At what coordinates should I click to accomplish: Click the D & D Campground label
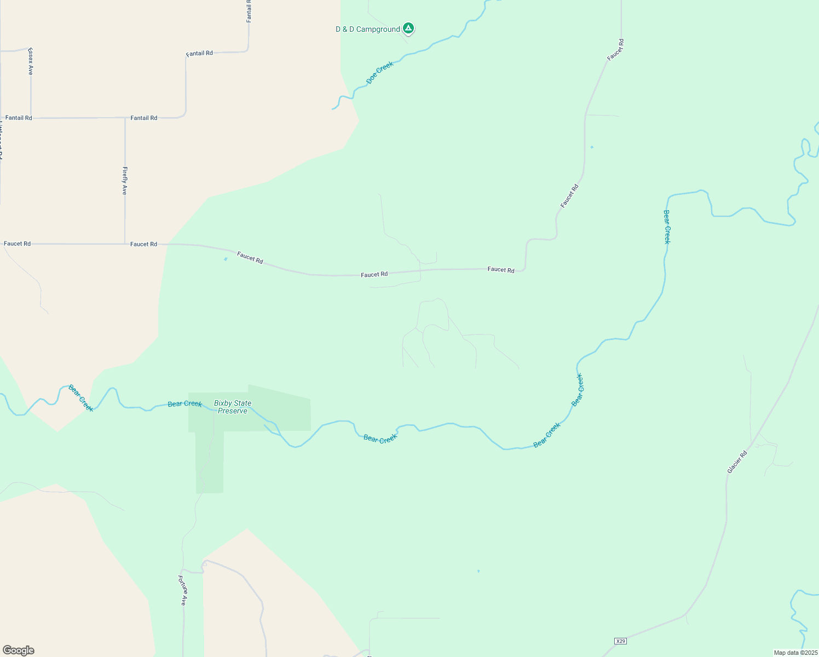point(367,30)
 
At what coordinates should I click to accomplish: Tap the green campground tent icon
point(408,28)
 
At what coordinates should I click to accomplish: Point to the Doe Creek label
point(380,72)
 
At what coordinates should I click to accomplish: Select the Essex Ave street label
point(31,61)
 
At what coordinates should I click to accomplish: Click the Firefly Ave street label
point(125,181)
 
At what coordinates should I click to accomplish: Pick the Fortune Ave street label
point(183,590)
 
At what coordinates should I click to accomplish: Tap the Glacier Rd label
point(737,462)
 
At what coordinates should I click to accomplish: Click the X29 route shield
point(620,641)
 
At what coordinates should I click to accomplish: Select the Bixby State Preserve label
point(233,407)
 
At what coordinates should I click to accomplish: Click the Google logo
point(19,650)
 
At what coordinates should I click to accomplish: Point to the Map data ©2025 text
point(795,653)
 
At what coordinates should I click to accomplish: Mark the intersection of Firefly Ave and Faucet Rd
point(125,244)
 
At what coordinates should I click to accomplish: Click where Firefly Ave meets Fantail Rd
point(125,118)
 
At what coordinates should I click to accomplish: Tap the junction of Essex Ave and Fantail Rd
point(31,118)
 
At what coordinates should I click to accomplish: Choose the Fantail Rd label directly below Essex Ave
point(19,118)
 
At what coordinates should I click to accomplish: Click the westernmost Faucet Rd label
point(18,244)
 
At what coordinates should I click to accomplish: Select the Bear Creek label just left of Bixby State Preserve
point(185,404)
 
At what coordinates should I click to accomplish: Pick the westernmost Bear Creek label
point(81,398)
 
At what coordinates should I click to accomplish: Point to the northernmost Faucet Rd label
point(615,50)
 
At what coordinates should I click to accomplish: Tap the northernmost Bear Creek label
point(666,227)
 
